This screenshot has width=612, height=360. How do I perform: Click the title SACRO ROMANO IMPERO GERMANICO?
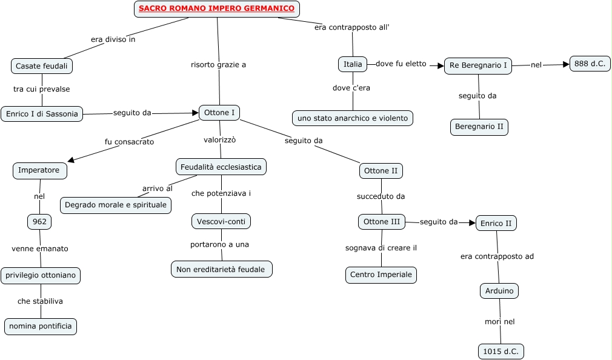tap(216, 8)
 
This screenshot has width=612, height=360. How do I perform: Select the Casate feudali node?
tap(42, 65)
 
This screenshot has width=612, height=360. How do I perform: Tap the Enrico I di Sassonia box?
tap(42, 113)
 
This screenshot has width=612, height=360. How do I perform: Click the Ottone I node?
tap(219, 113)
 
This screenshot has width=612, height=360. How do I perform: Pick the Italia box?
tap(353, 64)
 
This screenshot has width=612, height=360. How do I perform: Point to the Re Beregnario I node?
tap(477, 65)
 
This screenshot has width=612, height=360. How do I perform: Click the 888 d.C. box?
tap(590, 64)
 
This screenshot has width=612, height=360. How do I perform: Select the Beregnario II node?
tap(479, 127)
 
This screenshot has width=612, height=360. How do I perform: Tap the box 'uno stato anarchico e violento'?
tap(353, 118)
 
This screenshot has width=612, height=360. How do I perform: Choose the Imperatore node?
tap(39, 170)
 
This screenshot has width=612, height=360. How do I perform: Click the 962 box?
tap(39, 222)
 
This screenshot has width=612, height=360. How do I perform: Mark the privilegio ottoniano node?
tap(41, 275)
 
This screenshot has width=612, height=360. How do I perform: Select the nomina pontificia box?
tap(41, 326)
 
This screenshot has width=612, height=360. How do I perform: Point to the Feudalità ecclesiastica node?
tap(221, 167)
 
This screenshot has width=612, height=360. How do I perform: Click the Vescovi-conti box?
tap(221, 222)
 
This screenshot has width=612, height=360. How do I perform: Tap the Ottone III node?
tap(381, 222)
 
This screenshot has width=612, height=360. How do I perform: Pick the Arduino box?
tap(499, 291)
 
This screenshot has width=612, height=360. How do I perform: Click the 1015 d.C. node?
tap(501, 352)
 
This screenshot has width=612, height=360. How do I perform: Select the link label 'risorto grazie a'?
tap(218, 65)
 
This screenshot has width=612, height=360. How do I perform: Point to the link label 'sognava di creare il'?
tap(381, 248)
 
